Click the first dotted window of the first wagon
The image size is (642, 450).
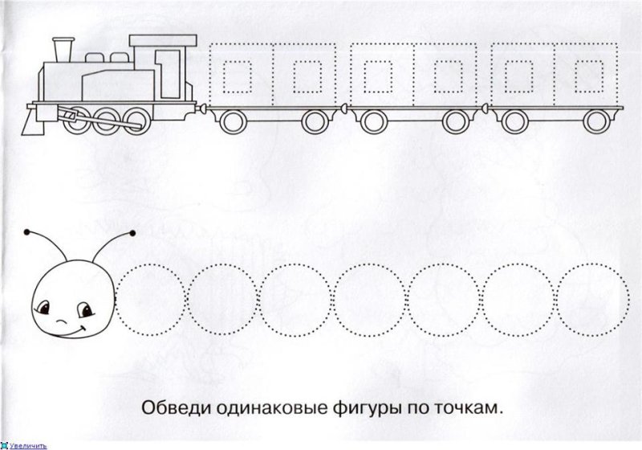click(x=235, y=76)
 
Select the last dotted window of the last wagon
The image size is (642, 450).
click(x=588, y=76)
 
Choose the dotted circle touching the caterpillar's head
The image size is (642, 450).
click(x=152, y=298)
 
